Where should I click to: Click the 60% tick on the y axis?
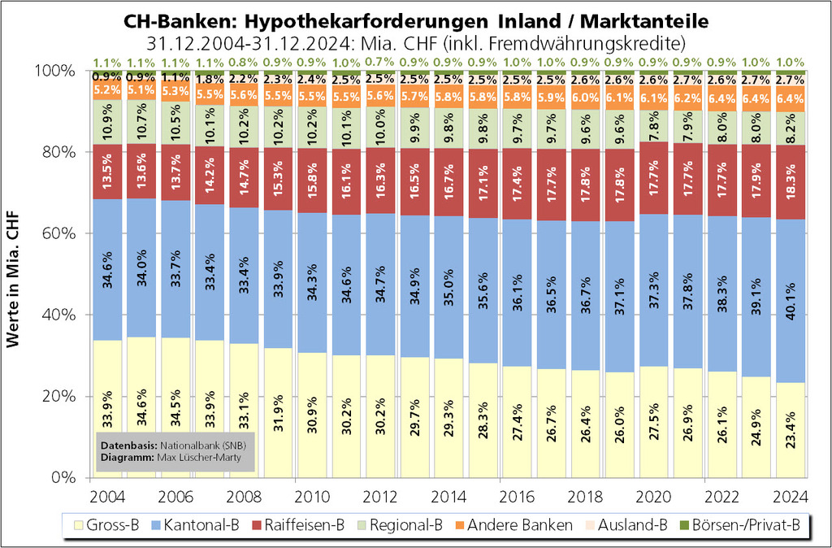tap(58, 234)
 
